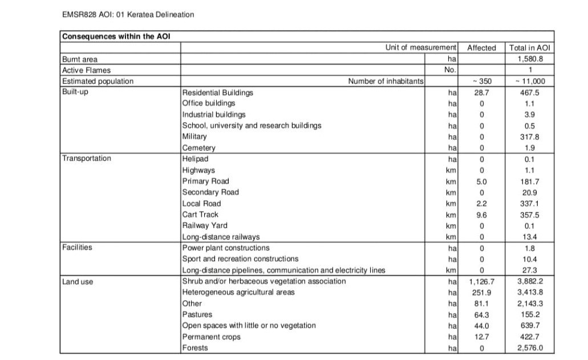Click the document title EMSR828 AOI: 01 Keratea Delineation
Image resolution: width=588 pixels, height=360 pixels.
[x=128, y=14]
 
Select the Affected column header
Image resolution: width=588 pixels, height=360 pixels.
[x=481, y=48]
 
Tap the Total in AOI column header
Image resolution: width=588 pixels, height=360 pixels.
[x=530, y=48]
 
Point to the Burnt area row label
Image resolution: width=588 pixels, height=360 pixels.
[x=80, y=59]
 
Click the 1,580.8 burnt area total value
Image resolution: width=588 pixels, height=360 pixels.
[x=530, y=59]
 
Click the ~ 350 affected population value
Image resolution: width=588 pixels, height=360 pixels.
[x=481, y=81]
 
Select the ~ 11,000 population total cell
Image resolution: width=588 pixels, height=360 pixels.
[x=530, y=81]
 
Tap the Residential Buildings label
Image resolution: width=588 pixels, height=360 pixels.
[x=218, y=92]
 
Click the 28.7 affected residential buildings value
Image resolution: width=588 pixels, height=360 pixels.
[x=481, y=92]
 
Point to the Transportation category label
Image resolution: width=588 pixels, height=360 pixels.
[x=87, y=159]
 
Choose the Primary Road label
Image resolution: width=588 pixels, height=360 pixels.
[x=205, y=181]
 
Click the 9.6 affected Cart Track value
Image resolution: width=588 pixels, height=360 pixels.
[x=481, y=215]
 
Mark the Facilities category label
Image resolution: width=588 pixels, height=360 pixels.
[x=77, y=248]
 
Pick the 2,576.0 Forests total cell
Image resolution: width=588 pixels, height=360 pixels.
[x=530, y=348]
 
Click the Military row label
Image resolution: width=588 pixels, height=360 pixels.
[x=194, y=136]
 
